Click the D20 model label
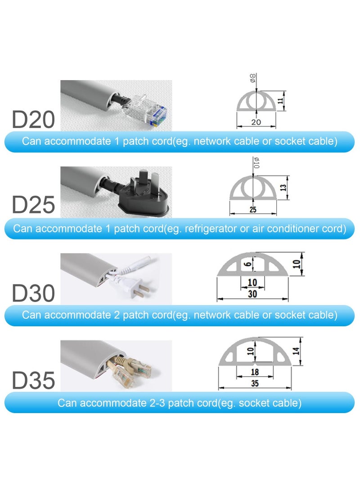point(33,120)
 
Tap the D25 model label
point(33,204)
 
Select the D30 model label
point(33,293)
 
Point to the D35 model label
point(33,380)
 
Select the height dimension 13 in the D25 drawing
point(283,188)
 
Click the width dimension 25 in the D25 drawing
point(254,210)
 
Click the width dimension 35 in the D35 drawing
point(255,383)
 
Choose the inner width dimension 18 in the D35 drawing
point(255,372)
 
